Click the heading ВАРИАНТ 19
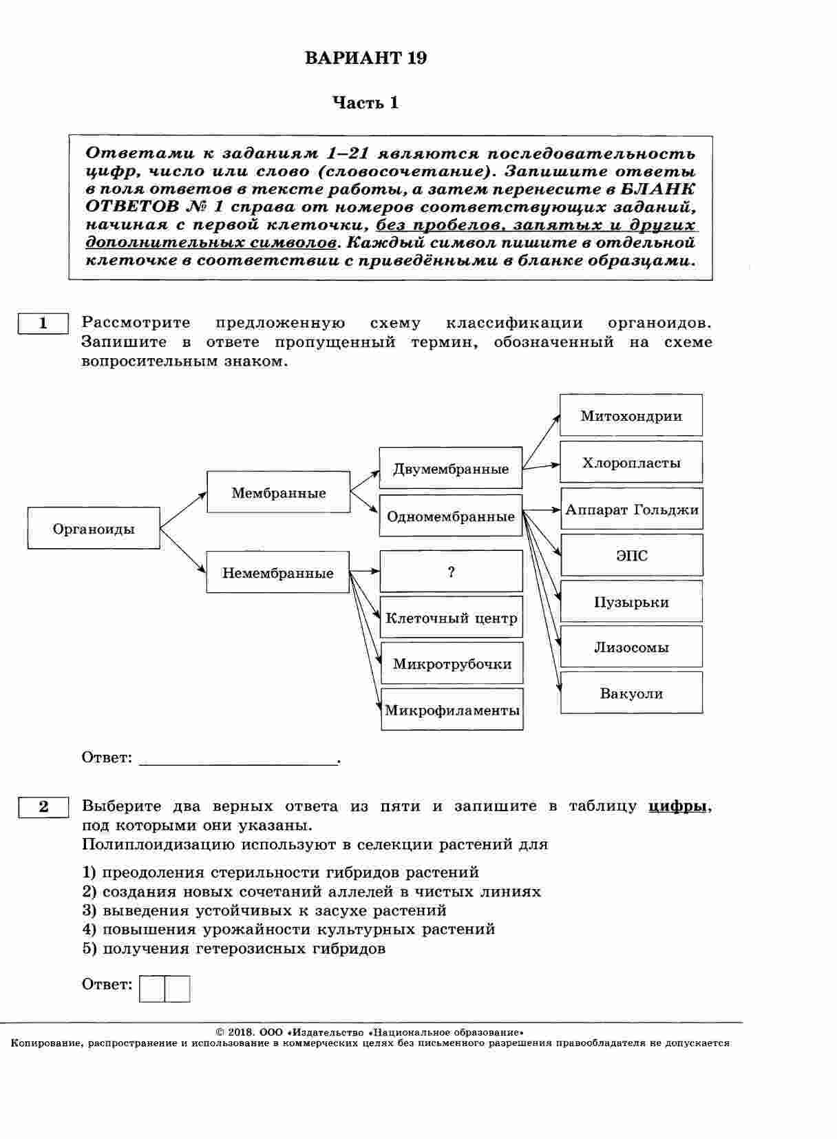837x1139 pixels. pyautogui.click(x=365, y=59)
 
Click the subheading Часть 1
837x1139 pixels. pyautogui.click(x=365, y=103)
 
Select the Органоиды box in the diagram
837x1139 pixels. pyautogui.click(x=94, y=529)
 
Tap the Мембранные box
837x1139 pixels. pyautogui.click(x=278, y=492)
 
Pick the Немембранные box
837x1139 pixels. pyautogui.click(x=277, y=573)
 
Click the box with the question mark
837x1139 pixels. pyautogui.click(x=451, y=572)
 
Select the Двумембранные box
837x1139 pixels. pyautogui.click(x=451, y=468)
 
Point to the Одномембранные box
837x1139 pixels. pyautogui.click(x=451, y=516)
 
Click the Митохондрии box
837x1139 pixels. pyautogui.click(x=631, y=415)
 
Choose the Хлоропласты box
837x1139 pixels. pyautogui.click(x=631, y=462)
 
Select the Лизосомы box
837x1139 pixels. pyautogui.click(x=631, y=647)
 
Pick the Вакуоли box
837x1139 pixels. pyautogui.click(x=631, y=693)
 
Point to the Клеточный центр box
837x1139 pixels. pyautogui.click(x=451, y=618)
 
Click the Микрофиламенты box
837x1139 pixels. pyautogui.click(x=452, y=709)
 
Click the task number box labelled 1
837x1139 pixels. pyautogui.click(x=43, y=323)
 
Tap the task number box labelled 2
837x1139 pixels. pyautogui.click(x=43, y=806)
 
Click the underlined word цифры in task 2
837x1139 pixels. pyautogui.click(x=678, y=806)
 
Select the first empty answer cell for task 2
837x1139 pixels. pyautogui.click(x=152, y=989)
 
